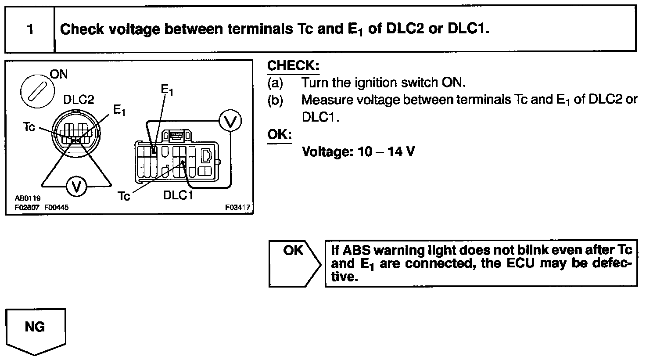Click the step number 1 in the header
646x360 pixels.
pos(30,29)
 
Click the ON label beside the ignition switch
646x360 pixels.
pos(59,74)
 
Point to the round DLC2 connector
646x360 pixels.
pos(76,131)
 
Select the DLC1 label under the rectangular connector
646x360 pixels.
pos(178,194)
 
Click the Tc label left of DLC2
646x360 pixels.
pos(29,127)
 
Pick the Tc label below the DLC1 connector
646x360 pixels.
pos(124,196)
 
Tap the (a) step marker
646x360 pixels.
pos(275,83)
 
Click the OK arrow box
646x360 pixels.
pos(294,263)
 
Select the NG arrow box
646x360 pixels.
pos(36,329)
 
